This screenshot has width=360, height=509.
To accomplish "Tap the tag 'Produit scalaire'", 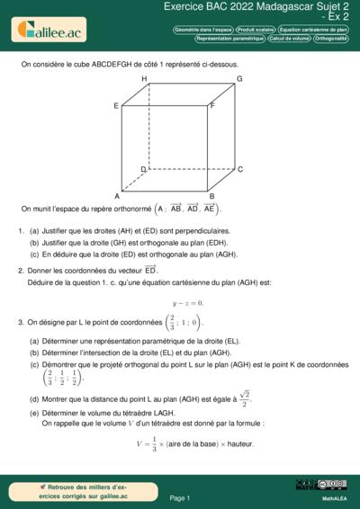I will pyautogui.click(x=256, y=30).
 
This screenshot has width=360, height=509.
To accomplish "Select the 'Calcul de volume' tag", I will pyautogui.click(x=289, y=39).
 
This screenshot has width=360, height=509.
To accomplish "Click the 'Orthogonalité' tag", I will pyautogui.click(x=331, y=39).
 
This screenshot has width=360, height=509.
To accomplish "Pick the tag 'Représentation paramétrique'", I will pyautogui.click(x=229, y=39).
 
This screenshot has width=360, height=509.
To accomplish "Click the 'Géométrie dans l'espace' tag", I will pyautogui.click(x=203, y=30).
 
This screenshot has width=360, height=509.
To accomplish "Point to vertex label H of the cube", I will pyautogui.click(x=144, y=79).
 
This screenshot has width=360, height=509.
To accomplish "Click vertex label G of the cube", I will pyautogui.click(x=239, y=79).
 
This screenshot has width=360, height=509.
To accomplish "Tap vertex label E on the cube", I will pyautogui.click(x=116, y=106).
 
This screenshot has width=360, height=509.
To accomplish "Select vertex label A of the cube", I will pyautogui.click(x=117, y=196).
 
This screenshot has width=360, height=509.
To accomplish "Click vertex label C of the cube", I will pyautogui.click(x=239, y=169).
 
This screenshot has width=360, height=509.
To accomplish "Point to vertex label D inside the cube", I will pyautogui.click(x=143, y=169).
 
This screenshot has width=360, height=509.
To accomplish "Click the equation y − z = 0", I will pyautogui.click(x=187, y=303).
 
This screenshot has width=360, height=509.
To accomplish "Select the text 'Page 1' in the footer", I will pyautogui.click(x=179, y=497).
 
